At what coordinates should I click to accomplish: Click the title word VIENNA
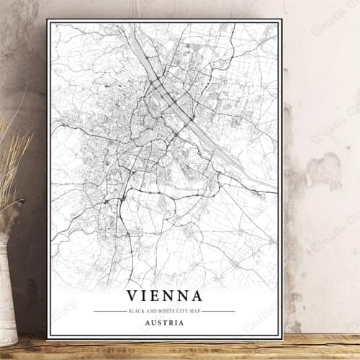(165, 295)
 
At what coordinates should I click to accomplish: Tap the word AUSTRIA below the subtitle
(165, 323)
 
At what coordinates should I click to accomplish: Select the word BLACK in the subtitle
(135, 311)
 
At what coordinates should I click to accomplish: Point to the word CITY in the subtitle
(180, 311)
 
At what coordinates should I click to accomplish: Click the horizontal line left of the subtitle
(109, 311)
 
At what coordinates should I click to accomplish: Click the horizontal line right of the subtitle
(218, 311)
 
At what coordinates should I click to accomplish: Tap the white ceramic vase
(6, 288)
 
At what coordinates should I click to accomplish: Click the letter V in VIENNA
(133, 295)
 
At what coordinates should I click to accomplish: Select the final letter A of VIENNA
(196, 295)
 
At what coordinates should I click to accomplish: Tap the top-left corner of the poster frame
(48, 20)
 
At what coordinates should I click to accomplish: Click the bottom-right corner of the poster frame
(282, 338)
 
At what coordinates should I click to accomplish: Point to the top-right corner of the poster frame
(282, 20)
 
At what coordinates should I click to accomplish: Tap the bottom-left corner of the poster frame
(48, 338)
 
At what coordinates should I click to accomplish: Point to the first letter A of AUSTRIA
(148, 323)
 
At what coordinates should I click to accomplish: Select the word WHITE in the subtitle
(163, 311)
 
